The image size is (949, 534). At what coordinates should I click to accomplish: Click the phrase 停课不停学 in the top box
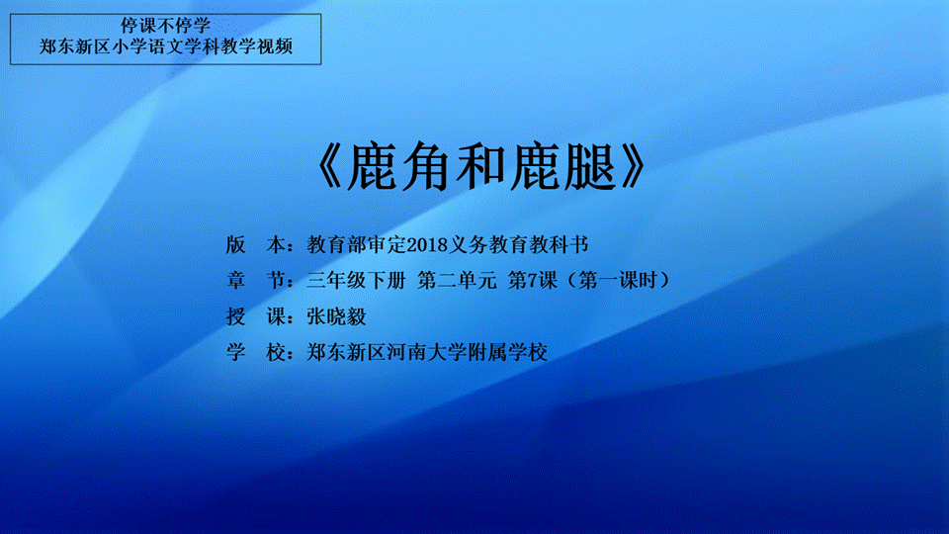tap(165, 26)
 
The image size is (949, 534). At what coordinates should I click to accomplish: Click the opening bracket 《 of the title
tap(331, 167)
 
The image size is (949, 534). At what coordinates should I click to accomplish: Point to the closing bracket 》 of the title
tap(632, 167)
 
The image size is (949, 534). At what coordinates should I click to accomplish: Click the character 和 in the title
tap(481, 167)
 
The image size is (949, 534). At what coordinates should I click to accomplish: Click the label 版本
tap(256, 244)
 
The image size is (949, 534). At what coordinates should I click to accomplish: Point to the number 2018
tap(427, 245)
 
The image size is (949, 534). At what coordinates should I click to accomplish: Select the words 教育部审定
tap(357, 244)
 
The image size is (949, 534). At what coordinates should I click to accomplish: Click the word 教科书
tap(559, 244)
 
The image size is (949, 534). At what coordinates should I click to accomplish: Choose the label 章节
tap(256, 280)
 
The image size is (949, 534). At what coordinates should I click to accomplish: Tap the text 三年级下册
tap(356, 280)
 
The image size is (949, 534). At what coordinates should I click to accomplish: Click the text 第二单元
tap(457, 280)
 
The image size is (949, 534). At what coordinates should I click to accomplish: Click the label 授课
tap(256, 316)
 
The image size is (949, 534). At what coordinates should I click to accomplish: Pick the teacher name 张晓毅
tap(336, 316)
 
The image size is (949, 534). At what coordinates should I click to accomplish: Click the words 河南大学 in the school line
tap(427, 352)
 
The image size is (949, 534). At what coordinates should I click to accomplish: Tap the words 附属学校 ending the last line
tap(508, 352)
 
